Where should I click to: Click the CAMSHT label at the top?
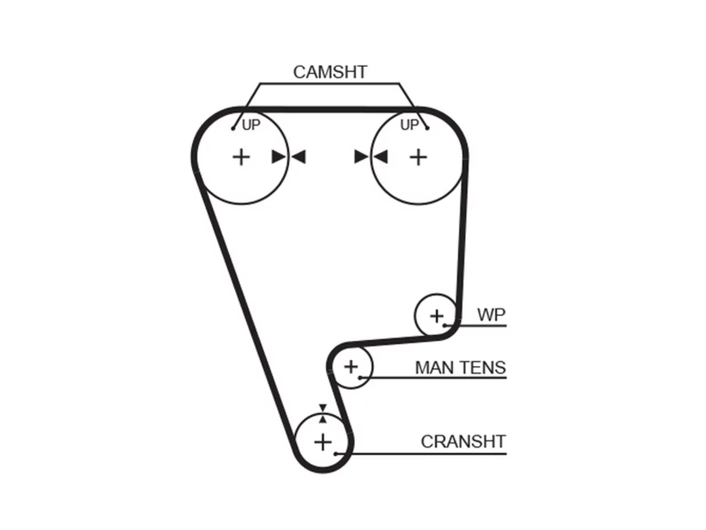(330, 72)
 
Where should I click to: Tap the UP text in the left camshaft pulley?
(251, 125)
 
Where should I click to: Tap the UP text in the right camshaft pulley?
(409, 125)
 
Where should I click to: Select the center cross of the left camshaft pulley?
(241, 158)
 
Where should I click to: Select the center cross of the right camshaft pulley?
(418, 158)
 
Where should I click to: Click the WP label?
(491, 314)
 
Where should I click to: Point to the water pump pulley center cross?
(436, 316)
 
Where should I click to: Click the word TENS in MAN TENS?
(483, 368)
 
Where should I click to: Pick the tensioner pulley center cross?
(351, 367)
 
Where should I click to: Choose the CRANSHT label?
(463, 442)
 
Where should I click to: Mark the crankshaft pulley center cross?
(323, 442)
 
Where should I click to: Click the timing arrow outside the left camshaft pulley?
(298, 157)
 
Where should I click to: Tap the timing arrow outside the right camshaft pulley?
(361, 157)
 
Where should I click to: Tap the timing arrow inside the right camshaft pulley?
(381, 157)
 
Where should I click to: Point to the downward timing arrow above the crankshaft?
(323, 408)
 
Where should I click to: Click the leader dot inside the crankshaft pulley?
(335, 454)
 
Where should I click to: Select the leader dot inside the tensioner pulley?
(360, 378)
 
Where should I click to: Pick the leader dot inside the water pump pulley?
(445, 326)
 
